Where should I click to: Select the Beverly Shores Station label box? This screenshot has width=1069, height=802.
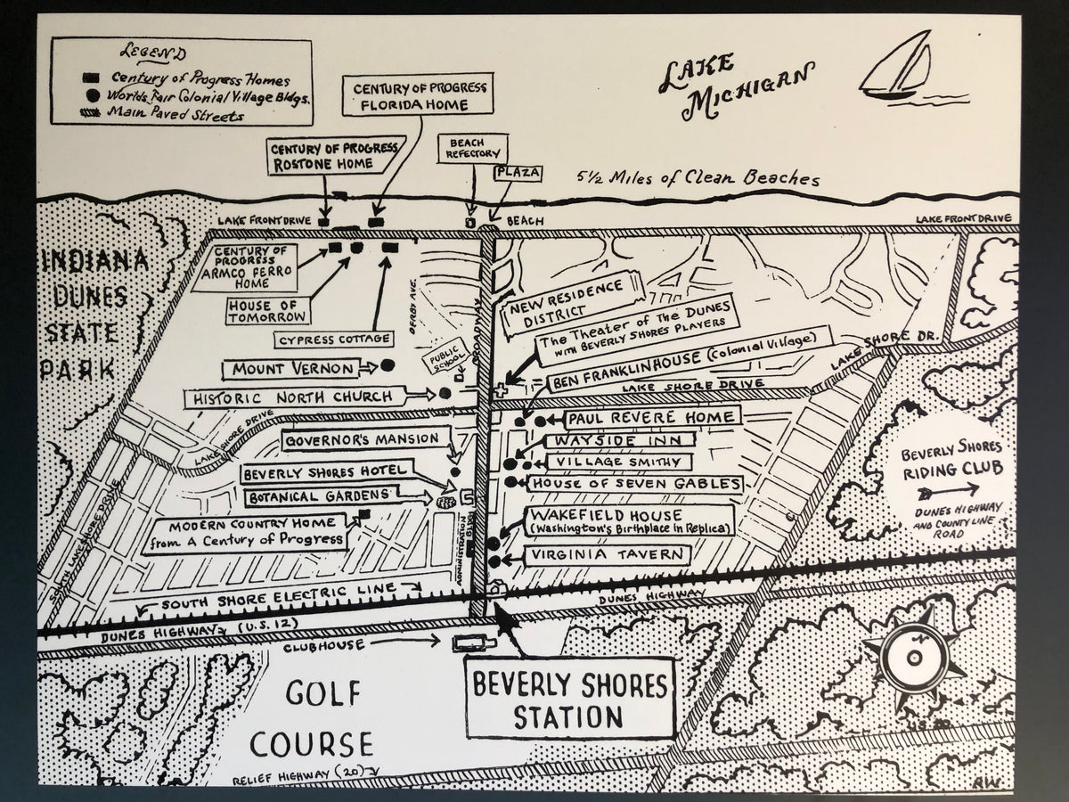coord(570,700)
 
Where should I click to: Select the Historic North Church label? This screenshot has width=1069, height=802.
coord(294,397)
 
